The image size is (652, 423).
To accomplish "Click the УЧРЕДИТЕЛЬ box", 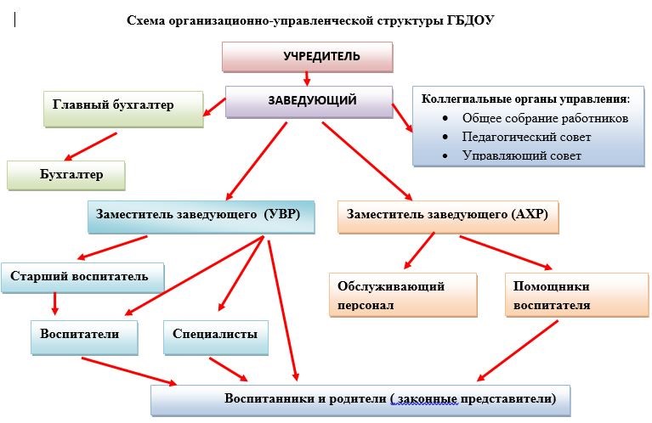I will (x=308, y=57).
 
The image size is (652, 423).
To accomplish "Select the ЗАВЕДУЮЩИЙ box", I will (x=309, y=101).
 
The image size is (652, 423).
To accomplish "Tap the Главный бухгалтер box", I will (x=123, y=108).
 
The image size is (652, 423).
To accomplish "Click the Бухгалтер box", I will (x=66, y=175).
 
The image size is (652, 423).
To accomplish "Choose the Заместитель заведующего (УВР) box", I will (x=201, y=216).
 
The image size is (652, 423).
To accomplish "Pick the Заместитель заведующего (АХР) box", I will (x=448, y=216).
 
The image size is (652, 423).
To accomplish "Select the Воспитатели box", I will (x=85, y=336).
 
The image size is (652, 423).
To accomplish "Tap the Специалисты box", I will (x=215, y=336).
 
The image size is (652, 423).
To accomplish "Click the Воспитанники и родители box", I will (x=360, y=399).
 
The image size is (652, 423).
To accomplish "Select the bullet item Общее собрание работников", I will (x=545, y=118).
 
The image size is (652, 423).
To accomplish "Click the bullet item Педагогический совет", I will (x=526, y=137).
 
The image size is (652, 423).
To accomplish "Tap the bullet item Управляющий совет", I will (x=522, y=155).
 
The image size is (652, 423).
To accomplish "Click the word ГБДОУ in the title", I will (x=469, y=20).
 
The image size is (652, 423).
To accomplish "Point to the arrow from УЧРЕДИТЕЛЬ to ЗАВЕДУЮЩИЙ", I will (x=308, y=78).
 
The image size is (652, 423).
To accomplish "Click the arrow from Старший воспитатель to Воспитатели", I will (x=55, y=303).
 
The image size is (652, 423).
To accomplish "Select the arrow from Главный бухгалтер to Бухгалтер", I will (x=91, y=144).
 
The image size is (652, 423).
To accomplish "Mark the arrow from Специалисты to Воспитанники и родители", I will (x=229, y=369).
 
